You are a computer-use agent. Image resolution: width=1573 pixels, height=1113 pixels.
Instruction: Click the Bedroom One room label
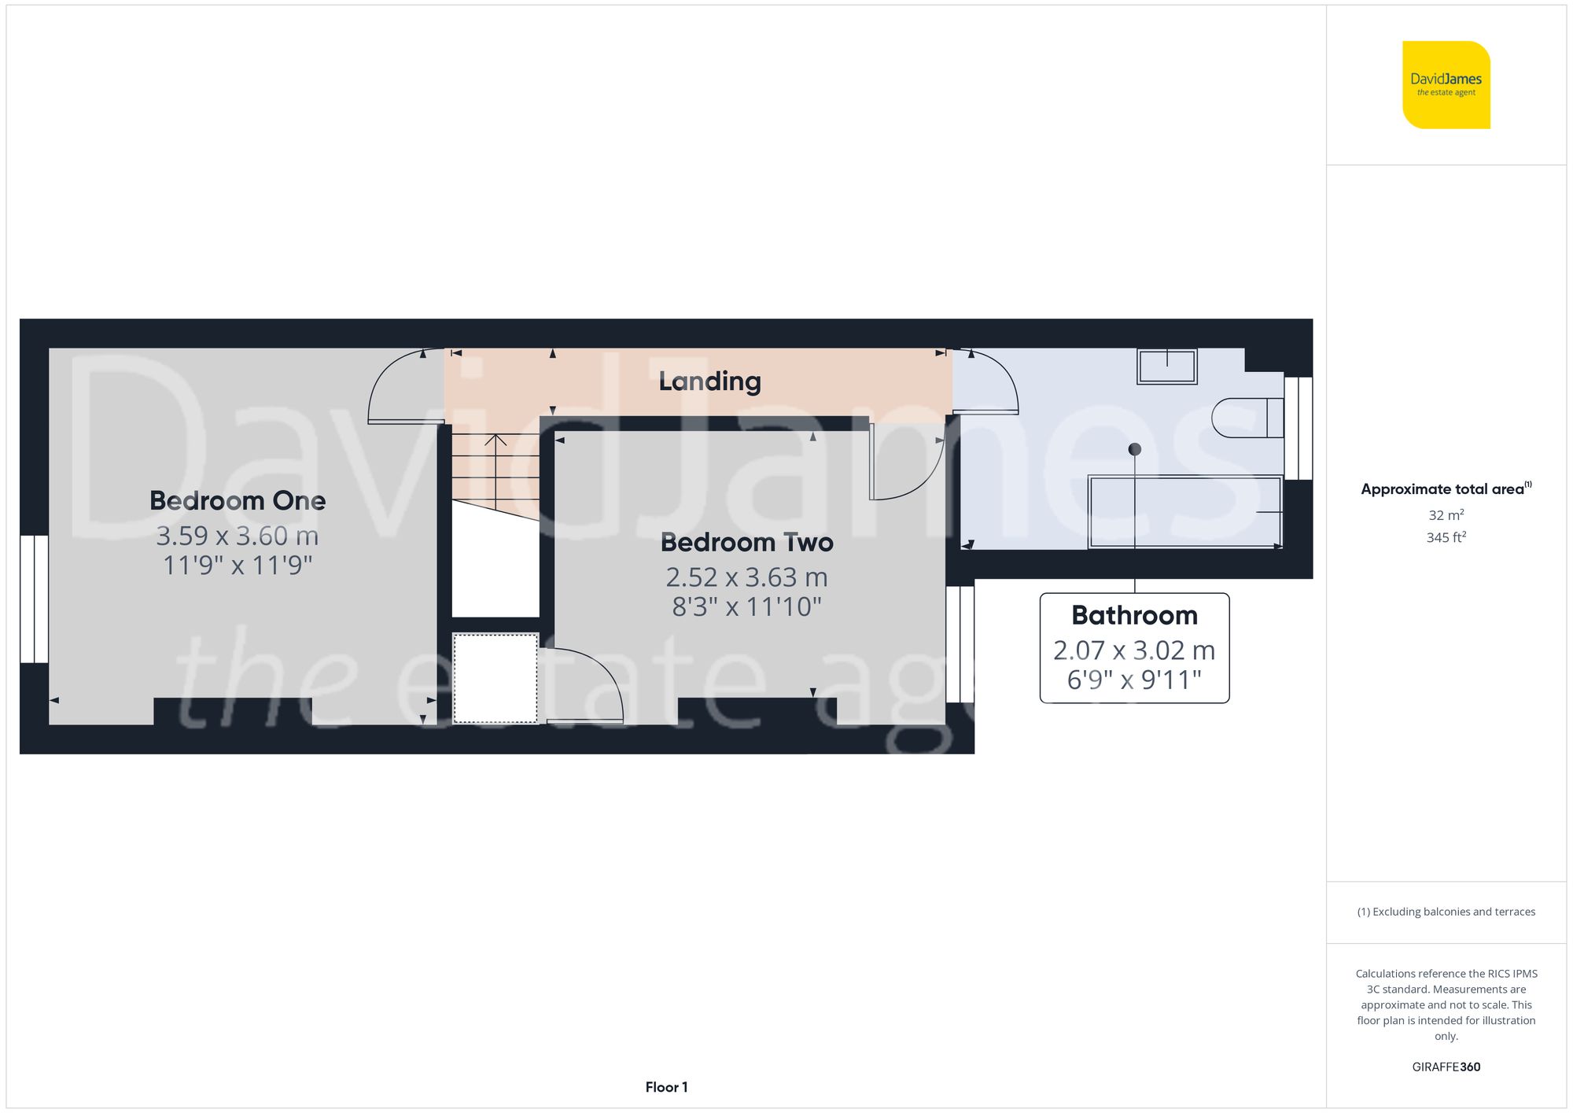(238, 501)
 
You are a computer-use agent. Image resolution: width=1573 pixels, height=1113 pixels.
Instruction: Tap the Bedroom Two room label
(746, 543)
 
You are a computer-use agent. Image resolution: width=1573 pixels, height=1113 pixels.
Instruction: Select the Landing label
(709, 381)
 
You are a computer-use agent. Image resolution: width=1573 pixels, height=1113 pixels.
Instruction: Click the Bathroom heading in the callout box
(1134, 615)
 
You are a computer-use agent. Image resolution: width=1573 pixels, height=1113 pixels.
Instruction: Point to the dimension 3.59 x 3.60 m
(238, 536)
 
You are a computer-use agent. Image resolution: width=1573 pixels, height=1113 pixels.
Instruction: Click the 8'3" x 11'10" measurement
(746, 607)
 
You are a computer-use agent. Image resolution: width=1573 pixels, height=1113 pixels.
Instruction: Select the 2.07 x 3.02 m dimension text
(1134, 650)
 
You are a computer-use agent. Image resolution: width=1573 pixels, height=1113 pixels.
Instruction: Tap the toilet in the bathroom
(1247, 418)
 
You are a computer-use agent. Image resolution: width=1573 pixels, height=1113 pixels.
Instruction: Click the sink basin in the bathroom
(1166, 367)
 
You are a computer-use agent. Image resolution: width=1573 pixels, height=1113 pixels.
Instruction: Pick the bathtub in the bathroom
(1184, 512)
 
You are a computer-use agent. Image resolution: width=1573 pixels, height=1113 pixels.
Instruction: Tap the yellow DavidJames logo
(1446, 85)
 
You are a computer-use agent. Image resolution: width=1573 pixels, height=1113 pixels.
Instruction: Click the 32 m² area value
(1446, 515)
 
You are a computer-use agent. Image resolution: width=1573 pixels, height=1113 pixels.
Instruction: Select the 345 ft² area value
(1446, 538)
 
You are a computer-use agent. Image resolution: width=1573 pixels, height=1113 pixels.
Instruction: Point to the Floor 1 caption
(666, 1087)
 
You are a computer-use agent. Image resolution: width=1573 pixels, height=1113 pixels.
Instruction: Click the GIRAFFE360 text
(1446, 1067)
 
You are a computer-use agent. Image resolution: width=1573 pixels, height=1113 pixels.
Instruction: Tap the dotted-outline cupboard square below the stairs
(495, 678)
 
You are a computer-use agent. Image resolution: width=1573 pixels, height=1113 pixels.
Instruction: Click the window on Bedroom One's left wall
(35, 599)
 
